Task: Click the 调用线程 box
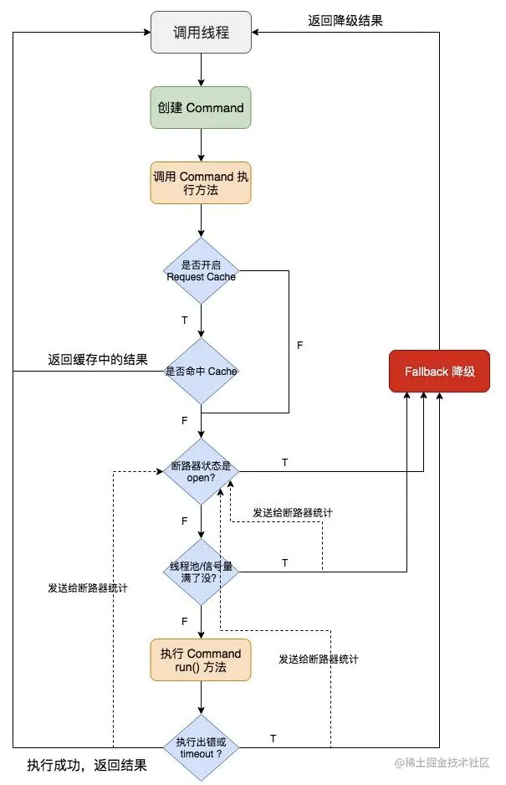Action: (201, 33)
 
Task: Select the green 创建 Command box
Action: (201, 107)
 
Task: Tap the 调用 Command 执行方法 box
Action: (201, 182)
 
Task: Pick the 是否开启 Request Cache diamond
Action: (201, 270)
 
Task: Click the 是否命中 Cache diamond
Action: (201, 371)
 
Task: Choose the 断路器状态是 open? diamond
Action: (201, 471)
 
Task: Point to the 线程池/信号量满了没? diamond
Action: (201, 572)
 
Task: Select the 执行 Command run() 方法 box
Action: (201, 659)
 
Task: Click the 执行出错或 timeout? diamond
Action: (201, 747)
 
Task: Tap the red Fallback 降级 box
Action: (439, 371)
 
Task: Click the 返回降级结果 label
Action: (345, 20)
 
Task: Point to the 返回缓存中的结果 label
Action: (97, 361)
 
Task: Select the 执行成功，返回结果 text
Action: (87, 765)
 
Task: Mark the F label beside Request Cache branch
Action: (300, 344)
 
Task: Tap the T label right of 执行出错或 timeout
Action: (273, 738)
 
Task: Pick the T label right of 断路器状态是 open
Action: (284, 463)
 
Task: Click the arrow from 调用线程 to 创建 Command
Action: (201, 69)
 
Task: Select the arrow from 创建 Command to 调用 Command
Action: (201, 145)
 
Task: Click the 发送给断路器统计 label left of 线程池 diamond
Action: (88, 588)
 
